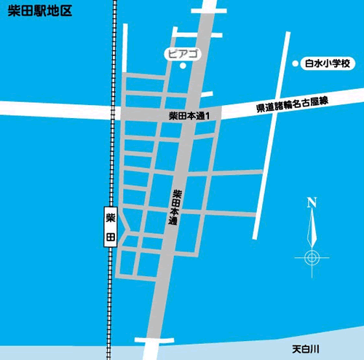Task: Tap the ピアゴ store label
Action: [x=183, y=54]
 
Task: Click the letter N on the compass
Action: [x=312, y=202]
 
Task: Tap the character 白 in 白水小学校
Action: [x=307, y=65]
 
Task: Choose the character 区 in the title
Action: [x=66, y=14]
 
